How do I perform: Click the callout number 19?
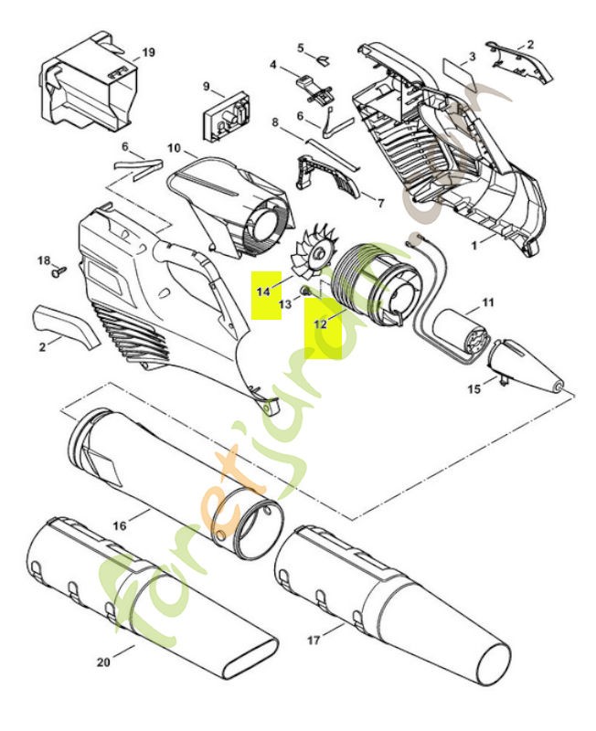coord(148,53)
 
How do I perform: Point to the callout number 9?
coord(207,88)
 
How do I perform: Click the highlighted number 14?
coord(263,291)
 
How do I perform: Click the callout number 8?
coord(274,122)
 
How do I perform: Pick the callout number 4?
coord(273,64)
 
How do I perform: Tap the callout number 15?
coord(474,389)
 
